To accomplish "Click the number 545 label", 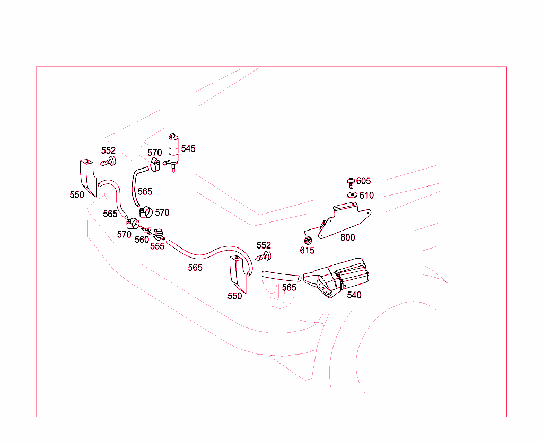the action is (188, 148).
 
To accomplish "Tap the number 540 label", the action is (354, 295).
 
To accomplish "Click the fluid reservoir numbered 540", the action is (336, 278).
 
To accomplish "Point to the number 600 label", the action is (347, 237).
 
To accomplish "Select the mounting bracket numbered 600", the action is (345, 221).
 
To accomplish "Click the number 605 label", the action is (363, 181).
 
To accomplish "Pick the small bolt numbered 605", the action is (351, 183).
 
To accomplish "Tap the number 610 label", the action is (366, 196).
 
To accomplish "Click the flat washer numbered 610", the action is (352, 195).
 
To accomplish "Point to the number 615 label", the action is (307, 250).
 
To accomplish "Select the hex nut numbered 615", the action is (308, 240).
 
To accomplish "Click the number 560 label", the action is (142, 240).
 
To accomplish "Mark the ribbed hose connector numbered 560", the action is (146, 230).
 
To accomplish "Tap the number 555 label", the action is (157, 246).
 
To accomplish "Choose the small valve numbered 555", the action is (159, 234).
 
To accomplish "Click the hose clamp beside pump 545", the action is (155, 164).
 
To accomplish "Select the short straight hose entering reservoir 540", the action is (282, 276).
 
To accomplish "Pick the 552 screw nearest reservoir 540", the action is (264, 256).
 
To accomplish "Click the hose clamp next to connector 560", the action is (133, 224).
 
